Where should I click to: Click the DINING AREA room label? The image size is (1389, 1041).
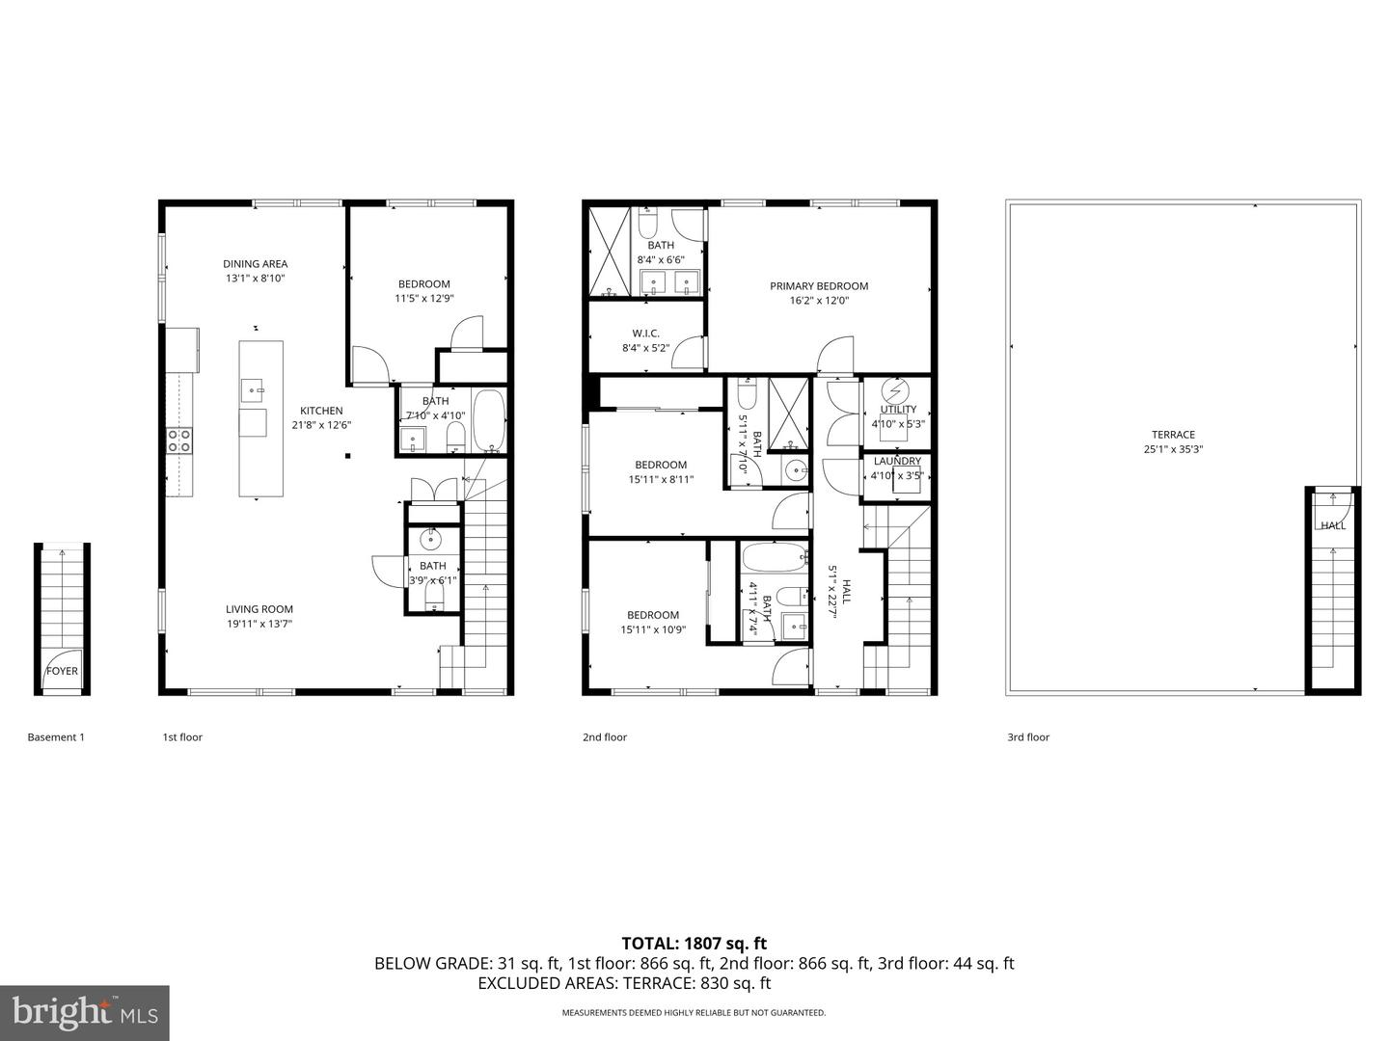[255, 264]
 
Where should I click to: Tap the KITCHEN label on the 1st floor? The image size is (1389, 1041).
[320, 411]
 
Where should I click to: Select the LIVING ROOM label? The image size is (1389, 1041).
[259, 609]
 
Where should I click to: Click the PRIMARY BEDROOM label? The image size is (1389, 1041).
[818, 286]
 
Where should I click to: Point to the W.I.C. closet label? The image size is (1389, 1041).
[645, 334]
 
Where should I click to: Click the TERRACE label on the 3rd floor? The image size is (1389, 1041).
[1173, 435]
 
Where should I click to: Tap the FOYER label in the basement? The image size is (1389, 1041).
[63, 672]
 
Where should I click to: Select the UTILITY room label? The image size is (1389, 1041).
[897, 410]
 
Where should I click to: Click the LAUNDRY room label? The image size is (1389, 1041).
[896, 462]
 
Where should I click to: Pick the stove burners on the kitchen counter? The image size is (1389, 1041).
[179, 440]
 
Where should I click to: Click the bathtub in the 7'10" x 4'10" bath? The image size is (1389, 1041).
[488, 421]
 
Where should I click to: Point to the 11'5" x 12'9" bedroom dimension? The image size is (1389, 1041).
[423, 299]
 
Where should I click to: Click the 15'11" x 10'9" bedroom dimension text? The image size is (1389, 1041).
[652, 629]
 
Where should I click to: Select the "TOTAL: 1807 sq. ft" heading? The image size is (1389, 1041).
[694, 944]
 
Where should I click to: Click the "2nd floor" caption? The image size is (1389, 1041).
[604, 737]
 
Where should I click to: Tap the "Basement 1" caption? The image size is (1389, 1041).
[56, 737]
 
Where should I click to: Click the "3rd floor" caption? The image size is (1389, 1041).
[1027, 737]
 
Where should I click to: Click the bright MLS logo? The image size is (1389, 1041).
[84, 1012]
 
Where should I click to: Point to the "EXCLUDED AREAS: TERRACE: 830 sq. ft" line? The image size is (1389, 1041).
[624, 983]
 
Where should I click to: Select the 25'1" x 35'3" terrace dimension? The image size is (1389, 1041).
[1173, 449]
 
